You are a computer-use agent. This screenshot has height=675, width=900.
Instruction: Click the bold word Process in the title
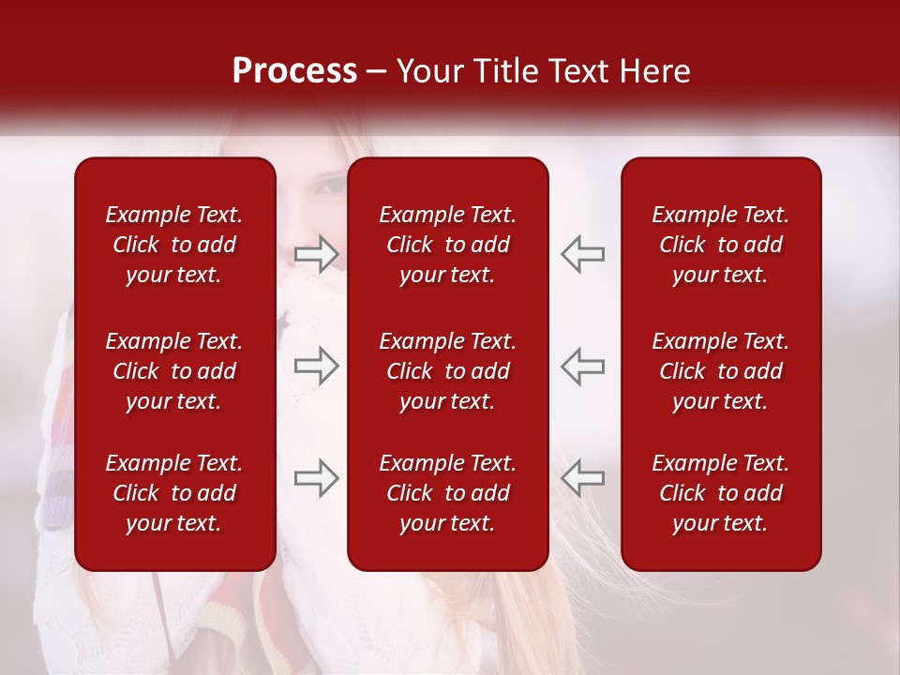pyautogui.click(x=294, y=71)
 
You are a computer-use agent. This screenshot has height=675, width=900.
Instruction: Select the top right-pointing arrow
pyautogui.click(x=316, y=254)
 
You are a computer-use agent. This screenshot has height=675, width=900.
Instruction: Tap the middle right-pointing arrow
pyautogui.click(x=316, y=366)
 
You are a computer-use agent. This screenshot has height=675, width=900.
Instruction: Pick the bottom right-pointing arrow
pyautogui.click(x=316, y=478)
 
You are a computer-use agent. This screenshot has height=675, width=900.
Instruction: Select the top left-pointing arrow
pyautogui.click(x=582, y=254)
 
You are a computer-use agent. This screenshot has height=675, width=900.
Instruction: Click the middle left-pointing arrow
pyautogui.click(x=582, y=366)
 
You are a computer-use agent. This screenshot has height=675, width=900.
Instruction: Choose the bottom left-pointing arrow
pyautogui.click(x=582, y=478)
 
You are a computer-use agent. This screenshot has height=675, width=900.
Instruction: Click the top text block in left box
pyautogui.click(x=173, y=245)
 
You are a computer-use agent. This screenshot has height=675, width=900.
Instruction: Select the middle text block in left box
pyautogui.click(x=173, y=371)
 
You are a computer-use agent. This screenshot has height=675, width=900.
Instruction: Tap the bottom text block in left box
pyautogui.click(x=173, y=493)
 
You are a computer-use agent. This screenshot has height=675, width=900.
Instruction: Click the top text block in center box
pyautogui.click(x=447, y=245)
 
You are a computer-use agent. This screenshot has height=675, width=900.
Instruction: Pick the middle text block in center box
pyautogui.click(x=447, y=371)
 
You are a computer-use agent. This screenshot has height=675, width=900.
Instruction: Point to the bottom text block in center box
pyautogui.click(x=447, y=493)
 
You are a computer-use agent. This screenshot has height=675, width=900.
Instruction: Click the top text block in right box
pyautogui.click(x=720, y=245)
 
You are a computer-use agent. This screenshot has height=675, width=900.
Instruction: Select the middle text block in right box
pyautogui.click(x=720, y=371)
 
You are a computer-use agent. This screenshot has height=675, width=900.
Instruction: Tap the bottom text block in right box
pyautogui.click(x=720, y=493)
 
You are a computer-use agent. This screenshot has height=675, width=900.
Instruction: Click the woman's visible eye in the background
pyautogui.click(x=330, y=185)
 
